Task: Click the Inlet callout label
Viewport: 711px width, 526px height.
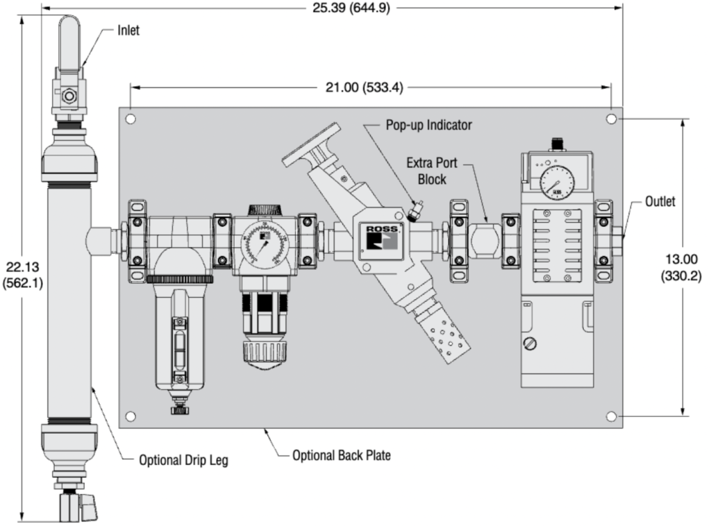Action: pos(127,31)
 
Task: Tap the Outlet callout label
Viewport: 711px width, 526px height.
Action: pos(660,202)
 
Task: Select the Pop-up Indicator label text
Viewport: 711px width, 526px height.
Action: pos(429,126)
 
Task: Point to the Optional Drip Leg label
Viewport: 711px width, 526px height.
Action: pos(183,459)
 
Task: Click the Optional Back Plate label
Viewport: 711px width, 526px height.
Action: pos(342,455)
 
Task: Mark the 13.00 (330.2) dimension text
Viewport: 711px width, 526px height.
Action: pos(681,268)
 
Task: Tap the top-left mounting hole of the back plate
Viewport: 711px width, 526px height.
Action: pos(131,119)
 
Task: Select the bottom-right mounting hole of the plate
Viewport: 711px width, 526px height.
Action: pos(611,416)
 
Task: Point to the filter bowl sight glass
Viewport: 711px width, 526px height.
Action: pos(181,350)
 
